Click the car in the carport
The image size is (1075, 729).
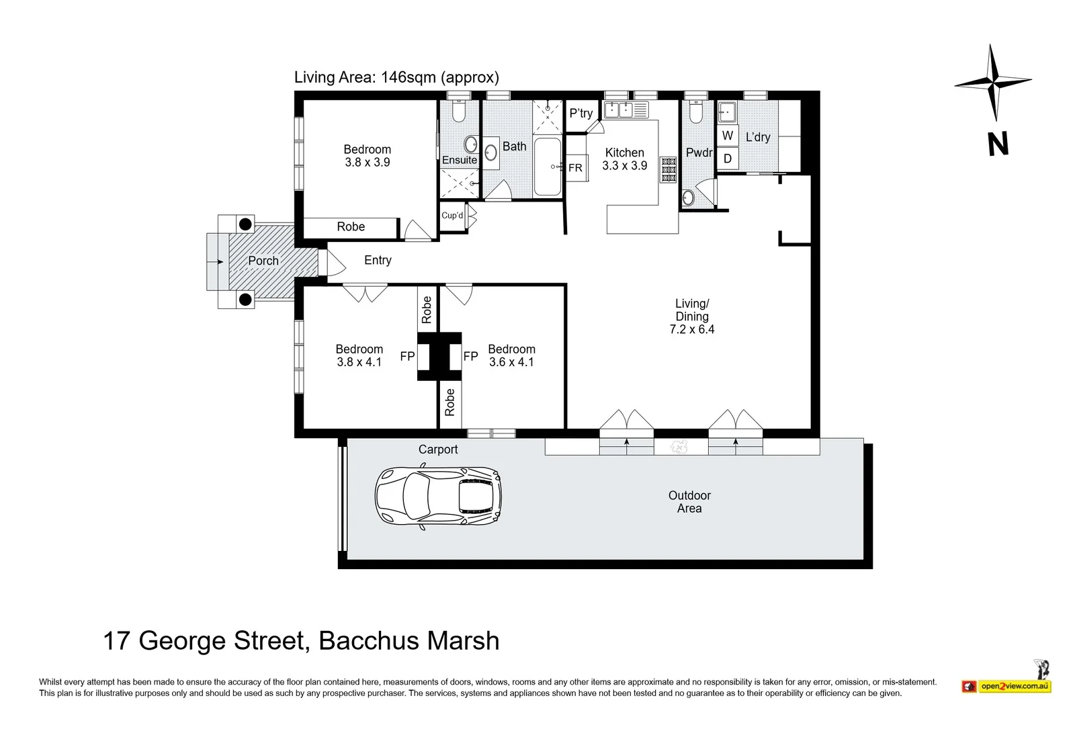click(x=438, y=496)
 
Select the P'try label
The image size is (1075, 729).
click(x=581, y=114)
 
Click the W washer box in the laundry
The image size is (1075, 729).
click(x=728, y=136)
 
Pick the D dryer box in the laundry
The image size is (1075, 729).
click(x=728, y=159)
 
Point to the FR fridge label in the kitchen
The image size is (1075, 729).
click(x=575, y=168)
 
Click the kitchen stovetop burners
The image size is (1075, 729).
click(x=669, y=169)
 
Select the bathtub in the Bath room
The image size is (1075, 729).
click(x=548, y=167)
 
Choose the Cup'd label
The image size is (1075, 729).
click(x=452, y=216)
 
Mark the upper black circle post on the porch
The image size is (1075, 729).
click(x=245, y=224)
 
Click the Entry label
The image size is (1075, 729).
click(x=378, y=260)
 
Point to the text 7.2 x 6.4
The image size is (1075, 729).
click(x=692, y=329)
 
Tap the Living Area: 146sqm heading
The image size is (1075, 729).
click(x=396, y=77)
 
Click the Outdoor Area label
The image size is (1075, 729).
click(x=689, y=502)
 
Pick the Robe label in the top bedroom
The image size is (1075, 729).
click(x=351, y=226)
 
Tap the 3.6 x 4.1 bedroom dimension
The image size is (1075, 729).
click(x=511, y=362)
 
